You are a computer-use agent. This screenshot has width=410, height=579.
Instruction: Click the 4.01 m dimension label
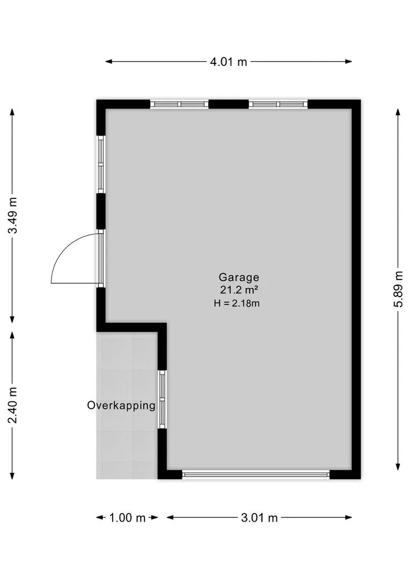229,62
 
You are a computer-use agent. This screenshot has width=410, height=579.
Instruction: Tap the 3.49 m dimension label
12,216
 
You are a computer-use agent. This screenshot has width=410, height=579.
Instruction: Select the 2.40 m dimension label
12,405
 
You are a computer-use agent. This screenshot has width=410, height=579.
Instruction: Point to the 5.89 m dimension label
398,289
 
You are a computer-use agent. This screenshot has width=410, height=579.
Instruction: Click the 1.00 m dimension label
127,518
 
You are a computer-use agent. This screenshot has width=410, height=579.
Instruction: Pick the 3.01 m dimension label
259,518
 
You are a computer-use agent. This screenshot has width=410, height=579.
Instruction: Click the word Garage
239,277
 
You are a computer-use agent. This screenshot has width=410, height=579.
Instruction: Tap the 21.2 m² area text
239,290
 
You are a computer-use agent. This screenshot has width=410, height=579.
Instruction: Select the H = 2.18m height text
237,303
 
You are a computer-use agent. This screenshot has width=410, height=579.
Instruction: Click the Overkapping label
121,405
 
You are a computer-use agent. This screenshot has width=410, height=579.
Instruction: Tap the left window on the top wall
179,104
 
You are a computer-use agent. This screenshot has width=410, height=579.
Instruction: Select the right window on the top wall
278,104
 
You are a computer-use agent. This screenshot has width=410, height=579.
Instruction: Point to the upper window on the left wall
100,164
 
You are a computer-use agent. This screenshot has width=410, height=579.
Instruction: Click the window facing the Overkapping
162,399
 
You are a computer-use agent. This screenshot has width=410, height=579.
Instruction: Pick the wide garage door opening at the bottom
256,474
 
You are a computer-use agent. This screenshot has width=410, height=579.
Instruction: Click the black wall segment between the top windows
228,104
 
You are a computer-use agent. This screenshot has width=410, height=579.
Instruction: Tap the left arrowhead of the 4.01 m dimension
108,62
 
